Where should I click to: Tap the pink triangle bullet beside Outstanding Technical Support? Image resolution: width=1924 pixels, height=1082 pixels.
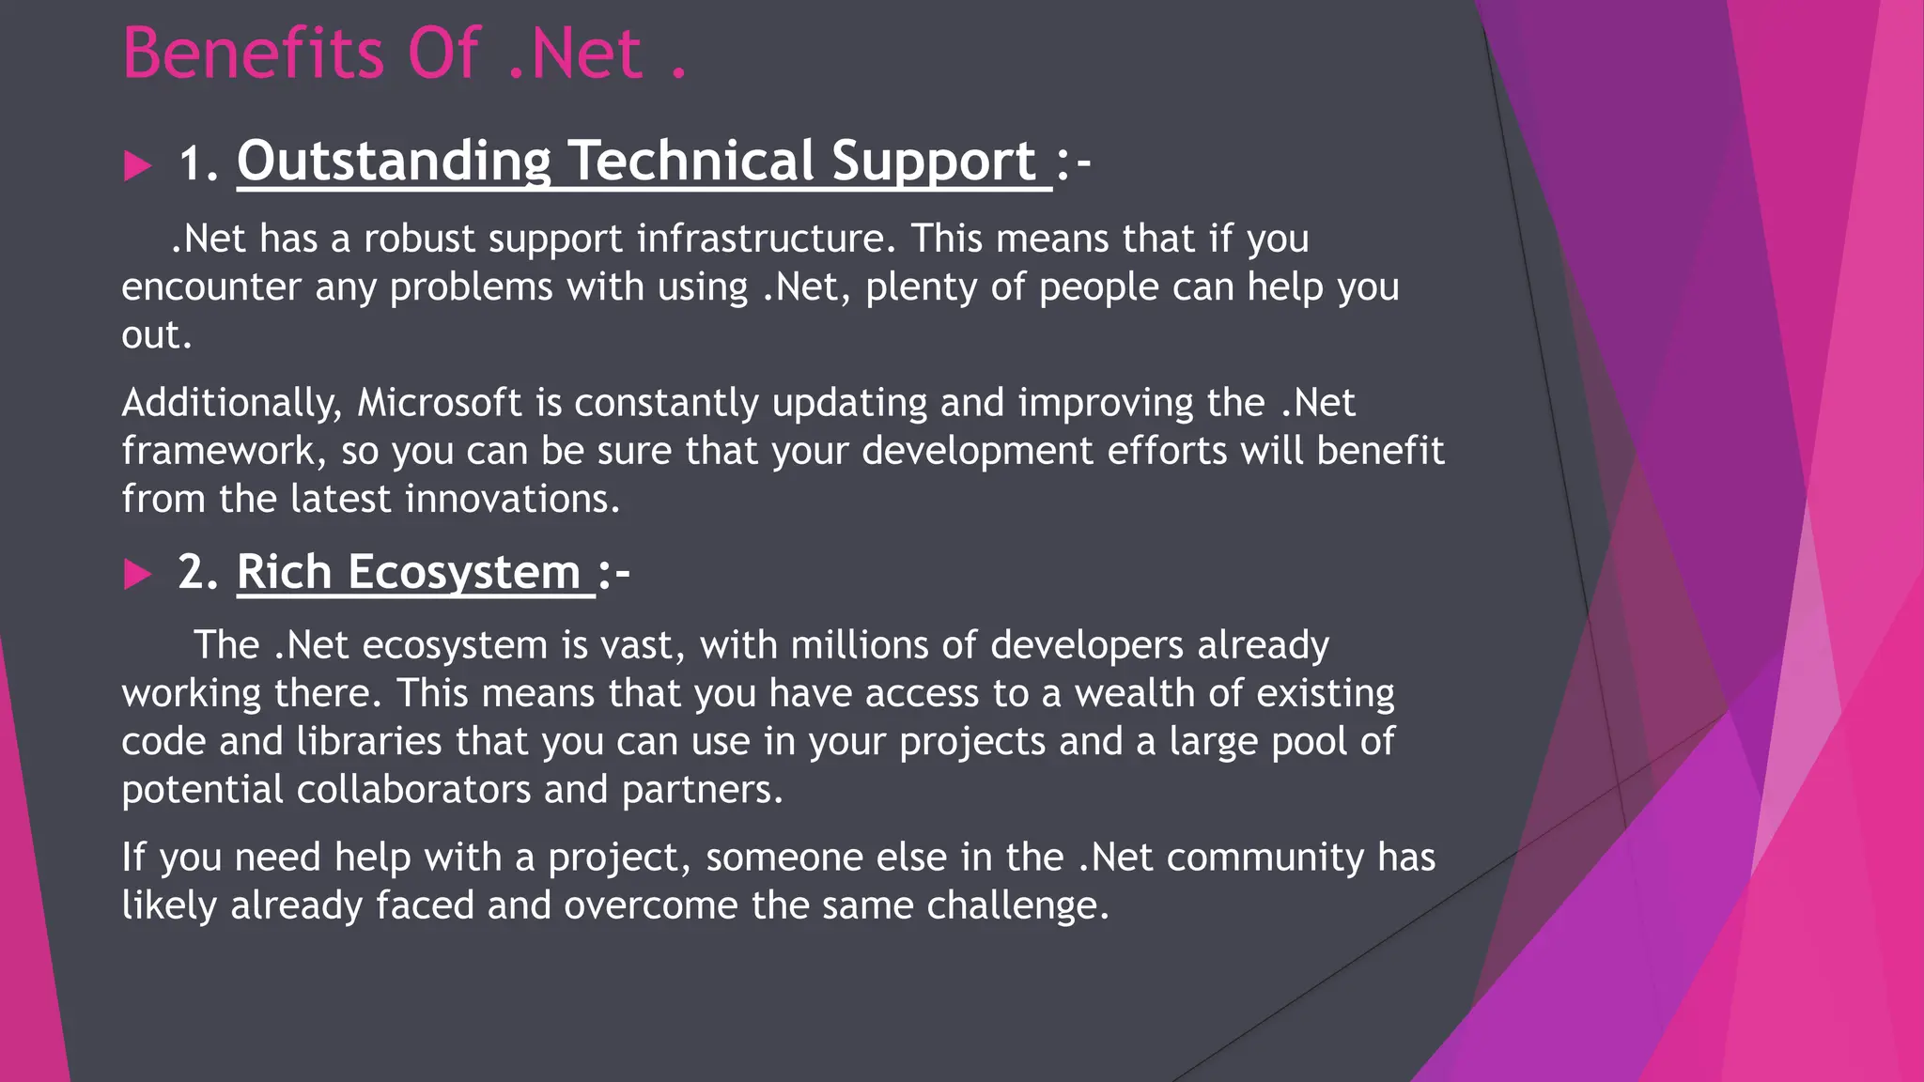coord(137,166)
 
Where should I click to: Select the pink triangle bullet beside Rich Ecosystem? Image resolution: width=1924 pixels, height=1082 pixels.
coord(137,574)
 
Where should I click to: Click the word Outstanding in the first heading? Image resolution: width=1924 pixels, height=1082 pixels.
coord(394,162)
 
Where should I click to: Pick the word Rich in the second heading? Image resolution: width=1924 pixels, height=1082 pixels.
coord(284,572)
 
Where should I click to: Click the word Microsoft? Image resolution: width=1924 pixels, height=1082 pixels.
coord(439,403)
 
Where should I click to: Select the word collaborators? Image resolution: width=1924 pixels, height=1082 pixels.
coord(413,789)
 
